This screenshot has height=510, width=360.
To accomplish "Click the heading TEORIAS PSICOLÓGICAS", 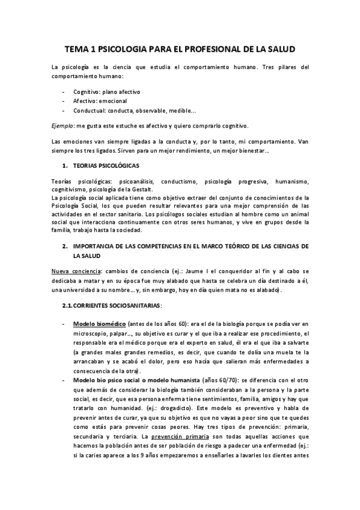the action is (107, 164).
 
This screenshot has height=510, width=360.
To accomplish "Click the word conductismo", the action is (181, 181).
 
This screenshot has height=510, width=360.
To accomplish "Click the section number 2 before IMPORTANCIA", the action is (65, 247).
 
